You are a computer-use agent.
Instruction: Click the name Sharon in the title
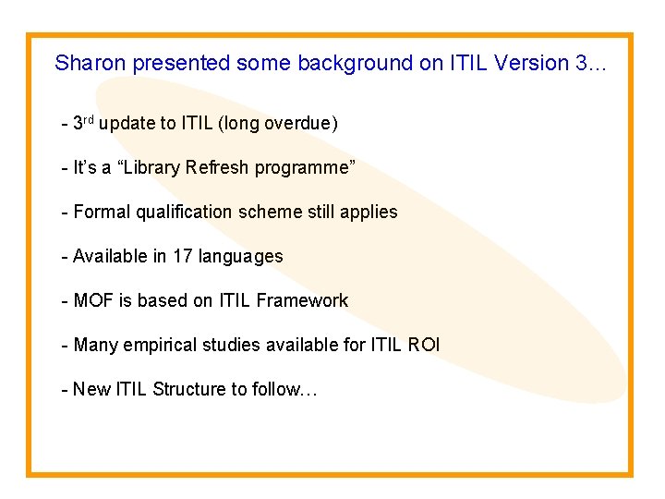coord(91,63)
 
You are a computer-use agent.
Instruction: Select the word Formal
coord(102,212)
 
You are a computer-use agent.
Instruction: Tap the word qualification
coord(184,212)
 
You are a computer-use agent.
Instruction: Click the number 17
coord(183,256)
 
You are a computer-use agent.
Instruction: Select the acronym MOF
coord(93,300)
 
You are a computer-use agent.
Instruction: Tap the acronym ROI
coord(424,345)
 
